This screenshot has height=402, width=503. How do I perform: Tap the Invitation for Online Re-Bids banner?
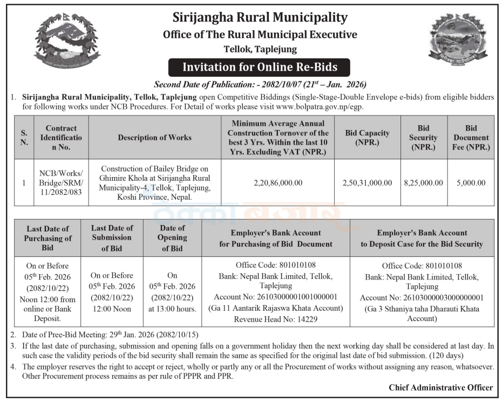[x=260, y=67]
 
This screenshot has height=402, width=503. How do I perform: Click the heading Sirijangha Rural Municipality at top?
[x=260, y=17]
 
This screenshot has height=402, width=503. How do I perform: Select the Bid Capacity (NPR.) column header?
[x=367, y=137]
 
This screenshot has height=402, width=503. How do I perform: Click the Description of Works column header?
[x=154, y=138]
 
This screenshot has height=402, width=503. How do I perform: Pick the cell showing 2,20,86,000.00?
[x=278, y=183]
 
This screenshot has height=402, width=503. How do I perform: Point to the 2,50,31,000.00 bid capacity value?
[x=367, y=183]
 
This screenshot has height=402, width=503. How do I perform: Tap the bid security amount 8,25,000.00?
[x=423, y=183]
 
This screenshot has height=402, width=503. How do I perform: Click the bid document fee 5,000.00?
[x=471, y=183]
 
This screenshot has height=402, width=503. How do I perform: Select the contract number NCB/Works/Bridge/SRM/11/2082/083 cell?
[x=61, y=182]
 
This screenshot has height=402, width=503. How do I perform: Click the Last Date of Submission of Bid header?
[x=112, y=238]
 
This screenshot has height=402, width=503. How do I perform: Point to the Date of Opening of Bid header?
[x=172, y=238]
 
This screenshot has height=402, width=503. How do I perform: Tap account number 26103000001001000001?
[x=275, y=297]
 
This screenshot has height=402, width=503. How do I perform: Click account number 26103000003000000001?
[x=422, y=298]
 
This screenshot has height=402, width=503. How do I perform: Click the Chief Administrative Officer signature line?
[x=440, y=387]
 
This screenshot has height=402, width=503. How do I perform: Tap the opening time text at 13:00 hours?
[x=172, y=309]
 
